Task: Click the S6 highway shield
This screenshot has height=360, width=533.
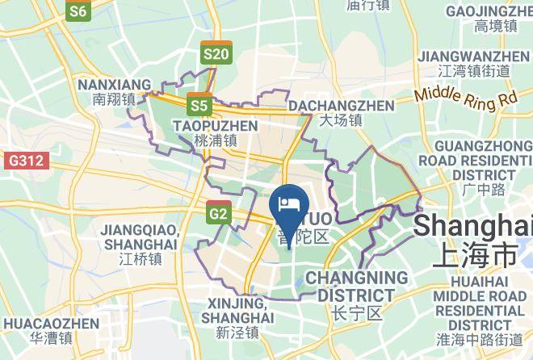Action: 78,10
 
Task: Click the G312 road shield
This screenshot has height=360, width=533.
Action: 24,161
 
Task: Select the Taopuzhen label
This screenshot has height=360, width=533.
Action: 215,132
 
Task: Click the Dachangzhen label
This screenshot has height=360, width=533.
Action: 342,113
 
